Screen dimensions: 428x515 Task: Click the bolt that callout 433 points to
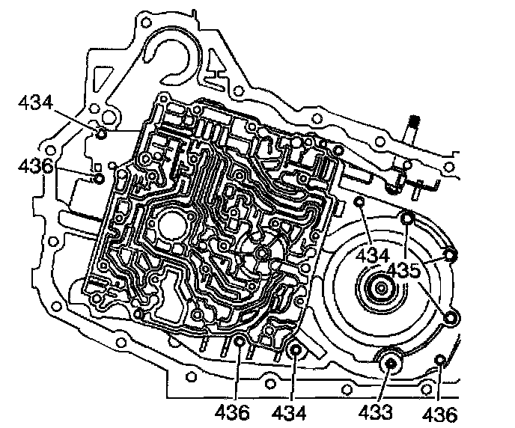pyautogui.click(x=389, y=364)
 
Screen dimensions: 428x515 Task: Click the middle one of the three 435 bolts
pyautogui.click(x=450, y=256)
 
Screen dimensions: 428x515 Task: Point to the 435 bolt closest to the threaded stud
pyautogui.click(x=406, y=219)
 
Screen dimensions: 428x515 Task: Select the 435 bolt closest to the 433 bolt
pyautogui.click(x=450, y=320)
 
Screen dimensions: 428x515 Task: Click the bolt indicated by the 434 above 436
pyautogui.click(x=100, y=133)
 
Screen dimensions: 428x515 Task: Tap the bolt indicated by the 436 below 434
pyautogui.click(x=98, y=178)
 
